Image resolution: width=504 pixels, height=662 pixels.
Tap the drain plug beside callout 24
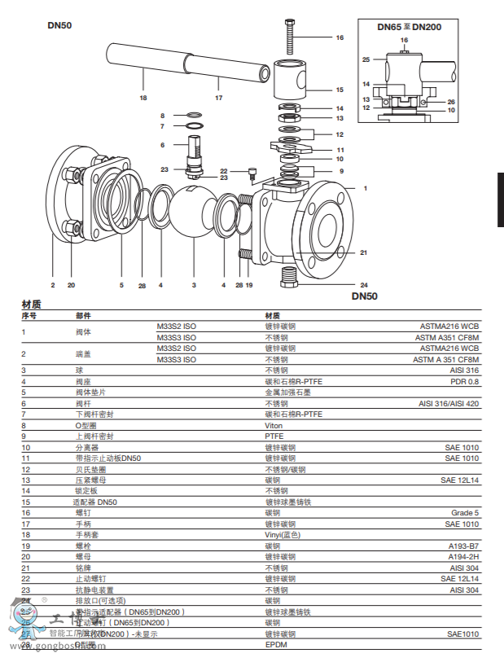click(x=290, y=277)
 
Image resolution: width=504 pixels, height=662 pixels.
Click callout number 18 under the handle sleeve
click(x=143, y=98)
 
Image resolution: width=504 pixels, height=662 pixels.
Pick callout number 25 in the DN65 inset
click(x=366, y=59)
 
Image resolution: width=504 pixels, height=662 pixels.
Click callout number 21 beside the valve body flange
click(x=363, y=252)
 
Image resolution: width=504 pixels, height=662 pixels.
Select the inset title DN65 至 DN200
click(x=409, y=27)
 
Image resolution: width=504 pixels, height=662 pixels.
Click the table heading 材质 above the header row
click(x=32, y=305)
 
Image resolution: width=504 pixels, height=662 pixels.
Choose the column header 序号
click(x=29, y=315)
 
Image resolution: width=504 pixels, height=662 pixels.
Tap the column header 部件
click(x=83, y=315)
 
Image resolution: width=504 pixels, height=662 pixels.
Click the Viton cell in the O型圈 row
click(x=274, y=425)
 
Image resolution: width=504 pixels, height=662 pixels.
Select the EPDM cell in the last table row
click(x=276, y=644)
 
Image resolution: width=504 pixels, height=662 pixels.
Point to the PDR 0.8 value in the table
click(x=465, y=381)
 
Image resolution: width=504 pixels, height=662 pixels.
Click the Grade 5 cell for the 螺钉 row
click(x=465, y=513)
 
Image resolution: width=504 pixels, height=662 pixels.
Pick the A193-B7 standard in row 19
click(x=463, y=546)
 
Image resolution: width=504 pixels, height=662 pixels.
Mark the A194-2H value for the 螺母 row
click(x=463, y=557)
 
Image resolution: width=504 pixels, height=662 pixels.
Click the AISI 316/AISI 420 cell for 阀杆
click(x=449, y=403)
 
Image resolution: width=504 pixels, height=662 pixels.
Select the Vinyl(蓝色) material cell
click(x=283, y=535)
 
